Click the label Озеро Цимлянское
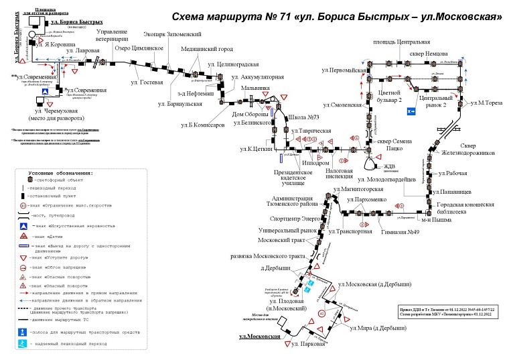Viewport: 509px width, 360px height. (x=139, y=48)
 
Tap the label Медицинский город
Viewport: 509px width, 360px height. (x=208, y=49)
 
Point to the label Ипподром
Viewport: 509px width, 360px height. (x=315, y=162)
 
